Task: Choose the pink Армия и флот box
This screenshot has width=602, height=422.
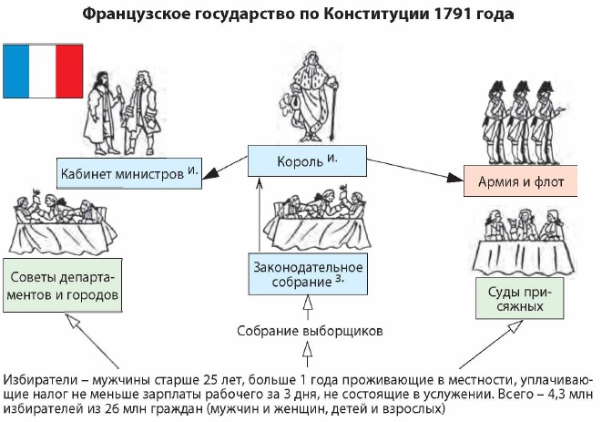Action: click(x=521, y=181)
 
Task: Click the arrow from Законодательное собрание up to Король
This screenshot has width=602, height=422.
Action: click(x=259, y=214)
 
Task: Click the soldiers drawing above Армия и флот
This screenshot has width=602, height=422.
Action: click(x=519, y=115)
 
